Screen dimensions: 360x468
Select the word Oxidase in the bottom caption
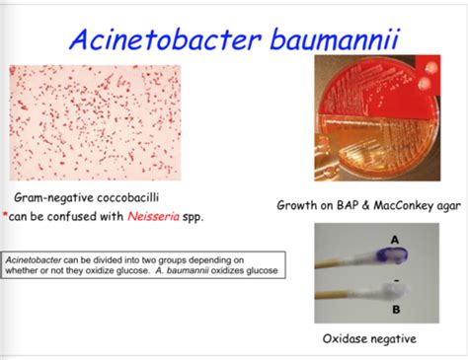pos(348,339)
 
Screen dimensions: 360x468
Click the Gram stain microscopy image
pos(95,123)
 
